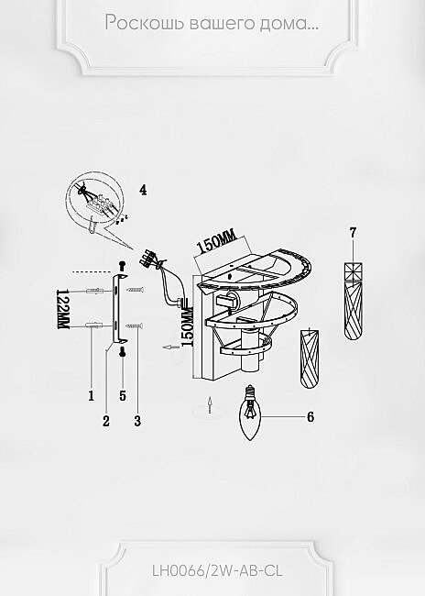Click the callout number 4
tap(143, 190)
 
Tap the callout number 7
tap(354, 233)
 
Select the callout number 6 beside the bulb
tap(311, 417)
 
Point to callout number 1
tap(92, 396)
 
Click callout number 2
tap(106, 421)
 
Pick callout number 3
tap(137, 421)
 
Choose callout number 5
tap(123, 396)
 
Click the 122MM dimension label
tap(62, 309)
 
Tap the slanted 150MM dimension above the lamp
tap(216, 242)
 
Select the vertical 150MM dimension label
tap(187, 327)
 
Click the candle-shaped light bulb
tap(250, 413)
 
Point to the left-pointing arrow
tap(170, 347)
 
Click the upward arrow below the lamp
tap(210, 404)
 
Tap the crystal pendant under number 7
tap(354, 301)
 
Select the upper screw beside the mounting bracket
tap(135, 290)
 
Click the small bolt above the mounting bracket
tap(123, 265)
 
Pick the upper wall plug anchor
tap(95, 292)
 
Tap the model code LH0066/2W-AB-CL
tap(218, 571)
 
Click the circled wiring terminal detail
tap(94, 202)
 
